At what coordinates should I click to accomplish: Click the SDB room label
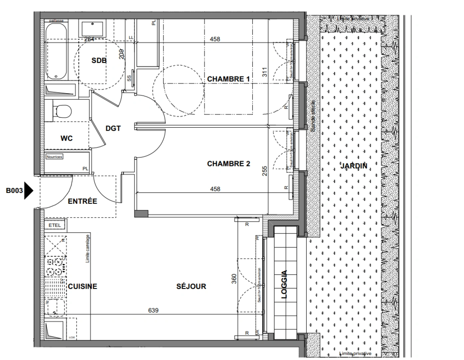99,60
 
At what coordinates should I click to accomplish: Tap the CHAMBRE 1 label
228,79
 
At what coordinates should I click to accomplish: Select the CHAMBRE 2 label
229,164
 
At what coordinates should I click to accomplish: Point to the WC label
67,138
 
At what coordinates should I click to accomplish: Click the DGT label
113,128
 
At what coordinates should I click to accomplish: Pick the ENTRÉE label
83,201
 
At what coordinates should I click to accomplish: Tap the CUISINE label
83,286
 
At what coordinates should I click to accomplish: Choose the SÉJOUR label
191,286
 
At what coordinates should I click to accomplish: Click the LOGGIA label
284,284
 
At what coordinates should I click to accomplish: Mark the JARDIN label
354,166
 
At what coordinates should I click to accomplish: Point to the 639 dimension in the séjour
153,310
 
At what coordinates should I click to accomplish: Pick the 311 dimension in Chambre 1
265,72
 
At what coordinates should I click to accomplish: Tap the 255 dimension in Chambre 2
265,171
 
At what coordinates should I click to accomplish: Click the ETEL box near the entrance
55,225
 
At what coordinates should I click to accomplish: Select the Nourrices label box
54,157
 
